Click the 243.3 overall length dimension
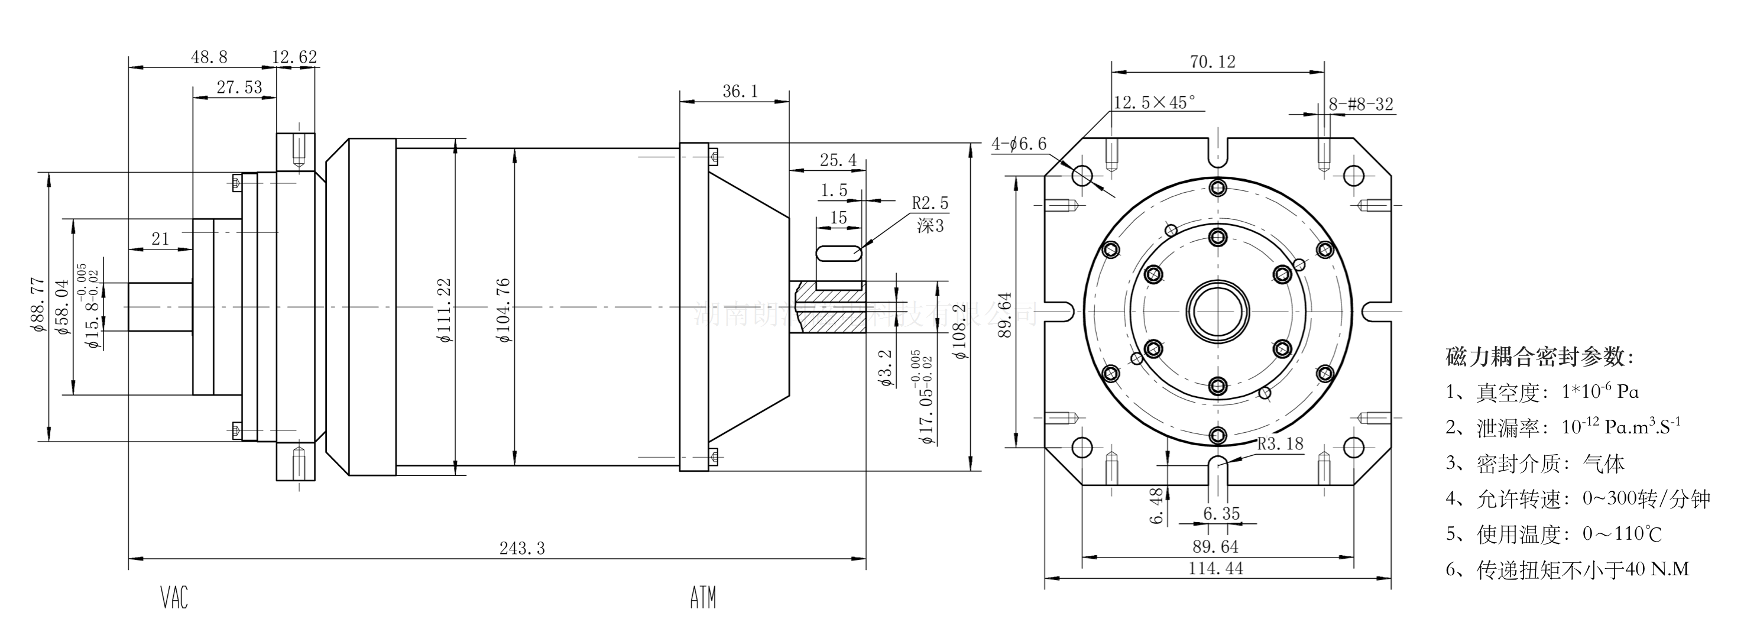522,548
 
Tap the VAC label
174,598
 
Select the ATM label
703,598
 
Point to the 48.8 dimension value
209,57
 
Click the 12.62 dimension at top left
294,57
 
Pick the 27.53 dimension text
239,88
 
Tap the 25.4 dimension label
838,160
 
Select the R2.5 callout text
930,203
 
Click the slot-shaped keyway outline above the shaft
839,254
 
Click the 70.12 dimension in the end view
1213,62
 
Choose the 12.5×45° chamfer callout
1155,103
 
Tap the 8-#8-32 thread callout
1361,104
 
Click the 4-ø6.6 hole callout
1019,144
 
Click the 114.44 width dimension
1216,569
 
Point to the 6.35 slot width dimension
1221,514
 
